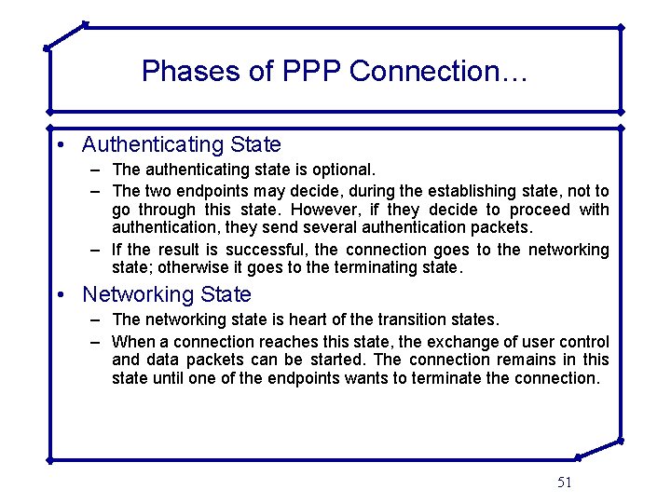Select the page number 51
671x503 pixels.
pyautogui.click(x=564, y=482)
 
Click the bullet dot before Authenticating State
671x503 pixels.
pyautogui.click(x=59, y=145)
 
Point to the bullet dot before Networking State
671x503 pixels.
pyautogui.click(x=59, y=295)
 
